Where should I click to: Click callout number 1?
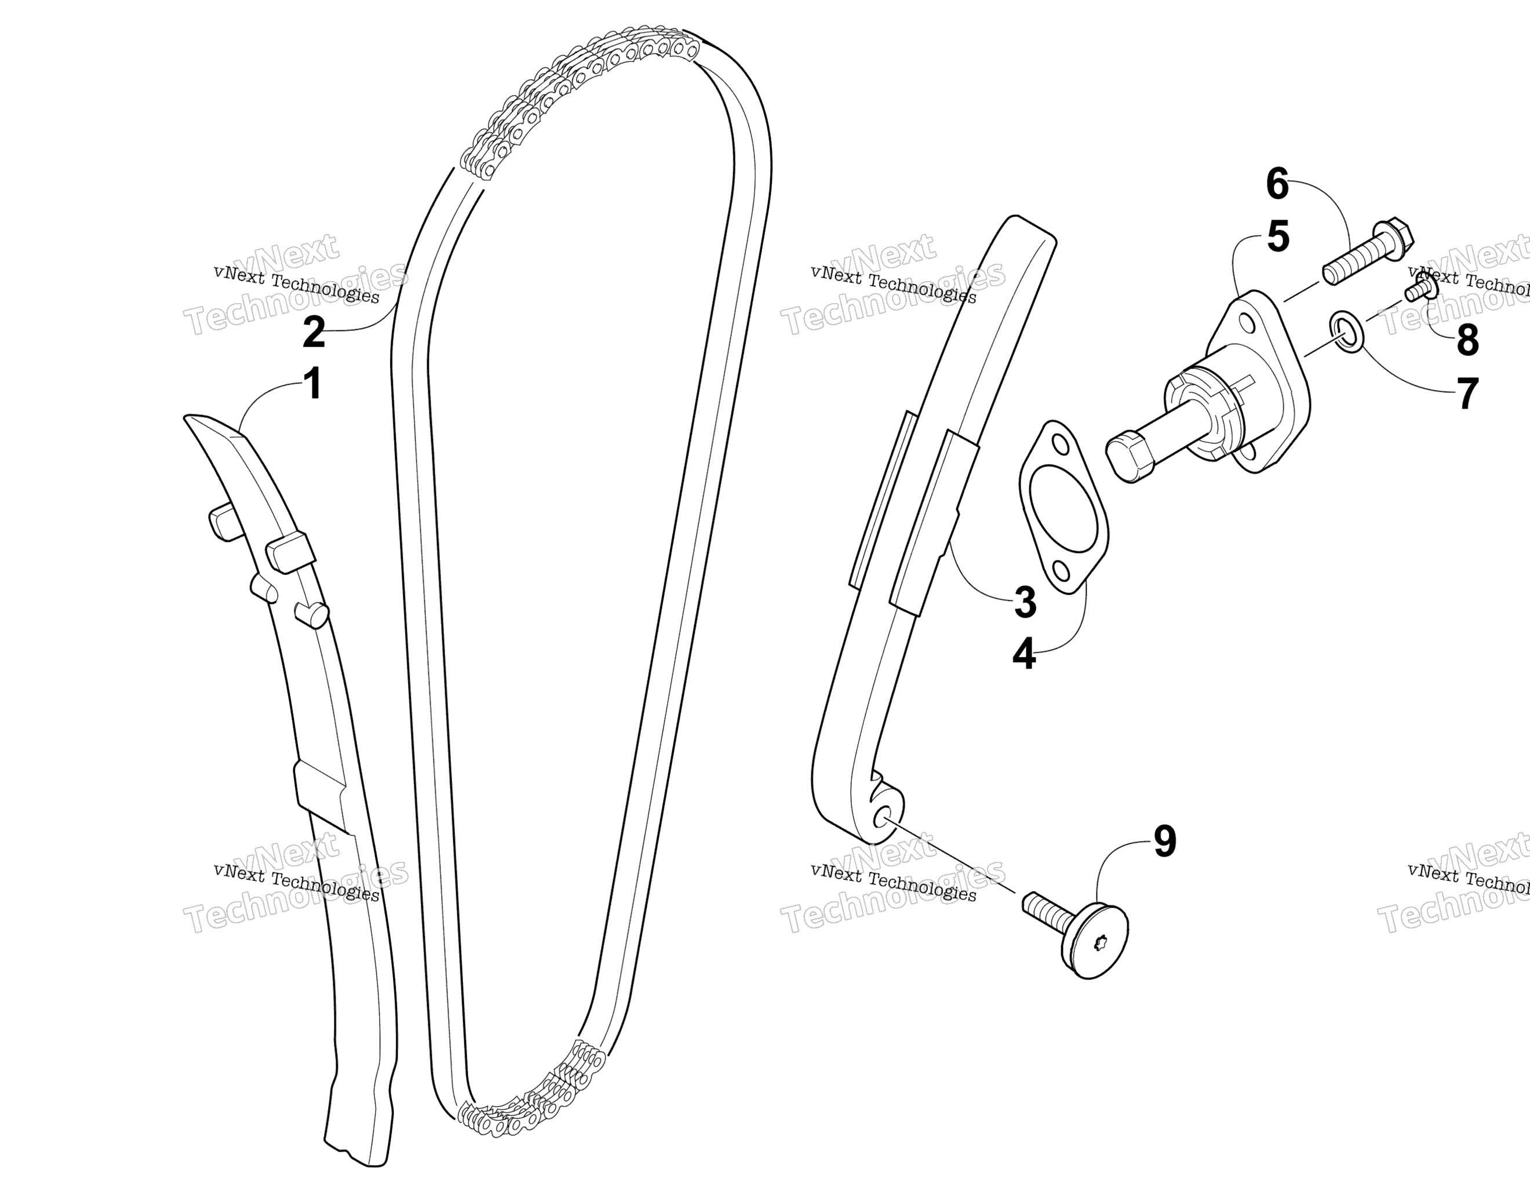point(312,384)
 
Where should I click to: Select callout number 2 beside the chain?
point(314,332)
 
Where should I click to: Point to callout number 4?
point(1024,655)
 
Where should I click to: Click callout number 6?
point(1277,185)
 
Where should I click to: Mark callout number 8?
point(1467,341)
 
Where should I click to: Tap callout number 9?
point(1164,841)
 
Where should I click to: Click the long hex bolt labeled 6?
point(1367,252)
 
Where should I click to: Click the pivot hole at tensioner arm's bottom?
point(883,818)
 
